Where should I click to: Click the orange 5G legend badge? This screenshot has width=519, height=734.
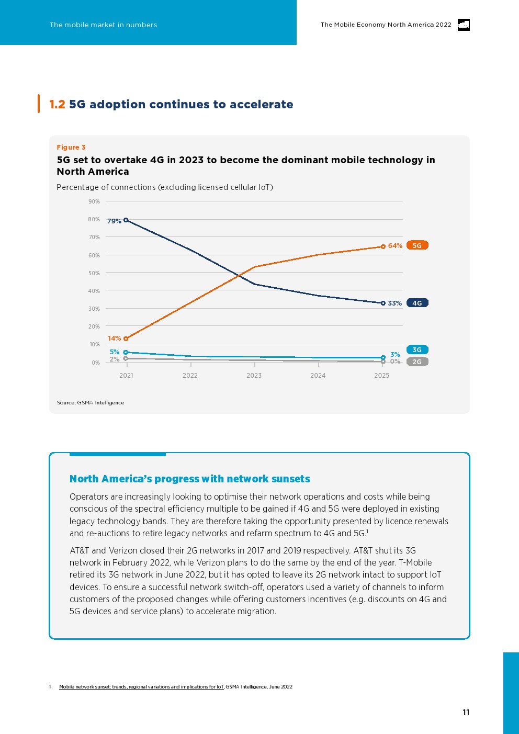(x=417, y=245)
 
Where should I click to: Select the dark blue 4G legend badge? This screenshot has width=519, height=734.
(x=417, y=303)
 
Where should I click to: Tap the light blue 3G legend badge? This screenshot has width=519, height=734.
(x=417, y=349)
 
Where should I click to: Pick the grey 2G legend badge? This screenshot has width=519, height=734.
(x=417, y=362)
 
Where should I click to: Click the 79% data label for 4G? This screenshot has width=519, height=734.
(x=114, y=221)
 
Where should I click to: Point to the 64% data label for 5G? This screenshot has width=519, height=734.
(x=395, y=246)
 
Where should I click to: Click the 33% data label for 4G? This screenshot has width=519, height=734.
(x=394, y=303)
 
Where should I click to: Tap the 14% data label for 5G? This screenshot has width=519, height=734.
(x=114, y=338)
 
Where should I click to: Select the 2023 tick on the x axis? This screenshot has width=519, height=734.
(x=254, y=376)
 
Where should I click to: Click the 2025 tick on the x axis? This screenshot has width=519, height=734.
(x=381, y=376)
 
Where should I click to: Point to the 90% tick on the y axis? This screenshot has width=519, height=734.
(x=94, y=201)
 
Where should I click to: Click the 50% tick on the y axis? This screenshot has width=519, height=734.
(x=94, y=273)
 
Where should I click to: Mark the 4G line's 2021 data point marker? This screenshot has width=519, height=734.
(x=126, y=220)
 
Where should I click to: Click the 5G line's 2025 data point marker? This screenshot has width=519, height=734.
(x=383, y=246)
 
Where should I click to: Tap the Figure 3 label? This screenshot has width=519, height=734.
(x=71, y=148)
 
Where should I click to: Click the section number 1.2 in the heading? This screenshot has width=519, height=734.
(x=57, y=104)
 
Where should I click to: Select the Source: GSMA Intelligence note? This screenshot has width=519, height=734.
(x=91, y=403)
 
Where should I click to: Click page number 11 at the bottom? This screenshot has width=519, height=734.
(x=466, y=712)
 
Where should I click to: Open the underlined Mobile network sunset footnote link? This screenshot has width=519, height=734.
(x=141, y=687)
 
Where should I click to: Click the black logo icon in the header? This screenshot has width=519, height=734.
(x=464, y=25)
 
